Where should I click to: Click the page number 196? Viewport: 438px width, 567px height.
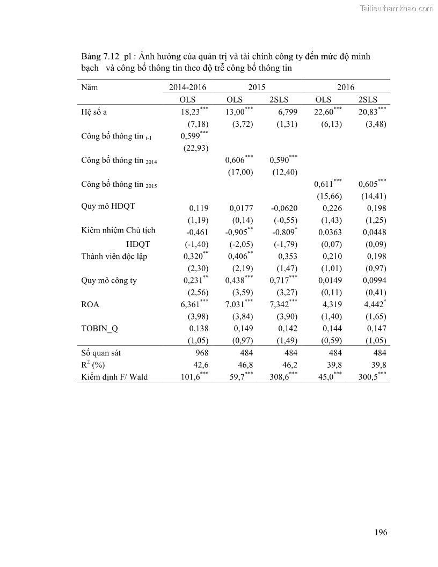381,533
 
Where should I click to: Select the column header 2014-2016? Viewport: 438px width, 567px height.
188,87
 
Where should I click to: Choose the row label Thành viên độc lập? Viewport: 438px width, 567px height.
114,256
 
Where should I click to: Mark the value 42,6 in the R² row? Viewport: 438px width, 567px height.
201,365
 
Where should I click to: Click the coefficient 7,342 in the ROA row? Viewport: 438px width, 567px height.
280,304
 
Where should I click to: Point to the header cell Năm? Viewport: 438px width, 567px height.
90,87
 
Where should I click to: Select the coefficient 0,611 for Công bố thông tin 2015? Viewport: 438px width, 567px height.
324,184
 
